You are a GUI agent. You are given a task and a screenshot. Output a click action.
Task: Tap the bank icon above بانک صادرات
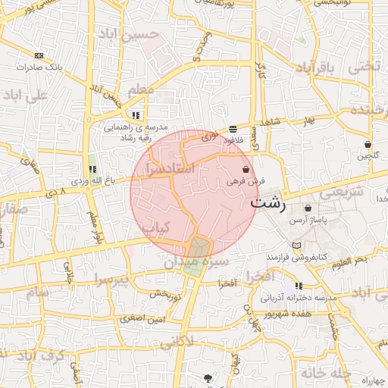[x=39, y=55]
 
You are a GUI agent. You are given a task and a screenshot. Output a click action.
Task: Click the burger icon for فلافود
[x=232, y=129]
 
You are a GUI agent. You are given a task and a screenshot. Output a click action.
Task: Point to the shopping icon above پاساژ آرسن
[x=308, y=208]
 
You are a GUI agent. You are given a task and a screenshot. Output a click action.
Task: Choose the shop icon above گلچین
[x=368, y=144]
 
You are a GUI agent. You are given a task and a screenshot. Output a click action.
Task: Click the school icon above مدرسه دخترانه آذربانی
[x=299, y=286]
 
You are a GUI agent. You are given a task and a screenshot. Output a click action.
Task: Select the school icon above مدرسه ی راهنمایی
[x=136, y=115]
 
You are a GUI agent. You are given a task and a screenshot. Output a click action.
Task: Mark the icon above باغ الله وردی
[x=92, y=168]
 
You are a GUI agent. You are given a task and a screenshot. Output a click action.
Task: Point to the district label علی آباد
[x=26, y=95]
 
